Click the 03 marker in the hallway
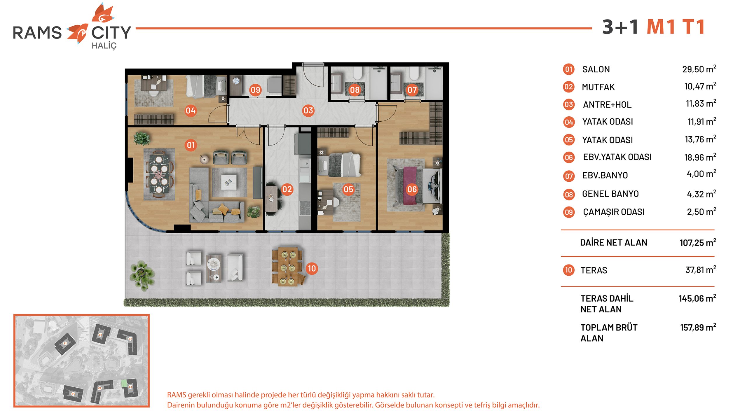click(308, 111)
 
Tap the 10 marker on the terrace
click(312, 268)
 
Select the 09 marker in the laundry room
click(255, 90)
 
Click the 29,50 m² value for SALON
click(699, 69)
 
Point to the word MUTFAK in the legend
click(598, 87)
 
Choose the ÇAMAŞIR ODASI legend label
click(614, 212)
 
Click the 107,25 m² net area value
click(698, 242)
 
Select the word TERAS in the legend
click(594, 270)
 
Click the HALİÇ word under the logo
click(104, 46)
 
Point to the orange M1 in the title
click(661, 27)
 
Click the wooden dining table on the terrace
click(287, 267)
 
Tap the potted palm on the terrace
click(142, 275)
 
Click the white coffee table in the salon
click(228, 182)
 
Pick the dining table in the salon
click(159, 174)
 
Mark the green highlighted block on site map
click(124, 383)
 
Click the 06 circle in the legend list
click(569, 157)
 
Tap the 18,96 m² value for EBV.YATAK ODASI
click(700, 157)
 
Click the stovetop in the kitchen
click(305, 208)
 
